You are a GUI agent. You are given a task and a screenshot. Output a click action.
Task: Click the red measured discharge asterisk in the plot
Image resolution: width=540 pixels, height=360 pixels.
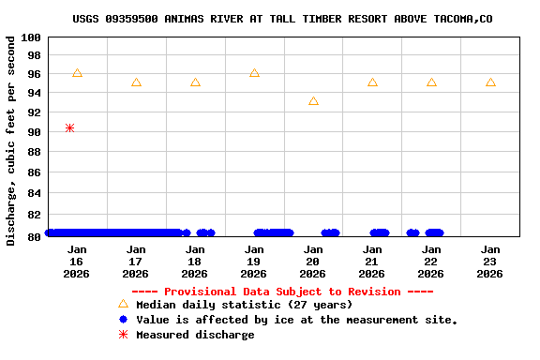70,127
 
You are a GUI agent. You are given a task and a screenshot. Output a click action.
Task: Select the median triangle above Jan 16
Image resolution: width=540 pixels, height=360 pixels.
77,73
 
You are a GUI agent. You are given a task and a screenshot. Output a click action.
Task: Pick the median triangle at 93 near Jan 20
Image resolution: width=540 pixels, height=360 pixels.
313,101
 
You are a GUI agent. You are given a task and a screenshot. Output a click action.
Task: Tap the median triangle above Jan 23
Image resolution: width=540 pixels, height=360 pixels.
490,82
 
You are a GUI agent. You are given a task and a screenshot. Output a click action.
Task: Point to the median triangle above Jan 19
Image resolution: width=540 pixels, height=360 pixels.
254,73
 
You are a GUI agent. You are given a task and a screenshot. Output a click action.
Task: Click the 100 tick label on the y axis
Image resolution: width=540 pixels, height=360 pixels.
31,37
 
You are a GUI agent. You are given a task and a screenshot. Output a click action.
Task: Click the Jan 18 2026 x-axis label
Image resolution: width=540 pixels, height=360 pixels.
194,262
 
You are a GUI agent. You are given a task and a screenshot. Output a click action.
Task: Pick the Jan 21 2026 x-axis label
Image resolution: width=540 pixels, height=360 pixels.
371,262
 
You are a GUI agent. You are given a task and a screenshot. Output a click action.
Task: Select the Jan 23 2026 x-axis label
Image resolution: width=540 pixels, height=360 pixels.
489,262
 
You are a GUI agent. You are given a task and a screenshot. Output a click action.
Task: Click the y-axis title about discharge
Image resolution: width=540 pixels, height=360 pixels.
11,141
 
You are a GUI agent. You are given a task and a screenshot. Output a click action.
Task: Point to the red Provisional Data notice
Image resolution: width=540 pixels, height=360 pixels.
276,292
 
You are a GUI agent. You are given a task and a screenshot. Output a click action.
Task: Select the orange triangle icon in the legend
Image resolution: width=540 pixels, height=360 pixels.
123,304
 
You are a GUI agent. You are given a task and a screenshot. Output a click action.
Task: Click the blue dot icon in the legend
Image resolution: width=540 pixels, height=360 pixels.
123,320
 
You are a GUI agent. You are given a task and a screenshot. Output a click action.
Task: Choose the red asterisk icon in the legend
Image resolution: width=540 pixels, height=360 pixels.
123,335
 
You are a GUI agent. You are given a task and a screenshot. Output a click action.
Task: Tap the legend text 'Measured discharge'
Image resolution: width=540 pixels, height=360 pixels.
195,335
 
